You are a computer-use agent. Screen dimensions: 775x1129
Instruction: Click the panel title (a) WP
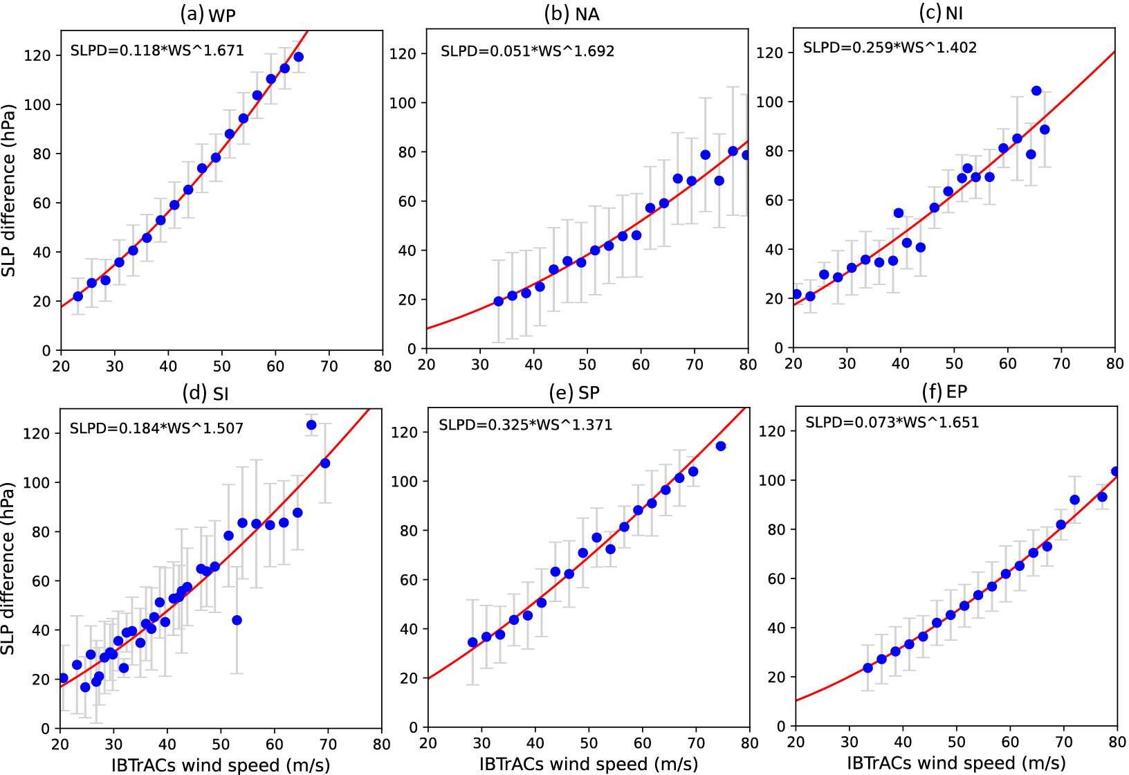coord(208,14)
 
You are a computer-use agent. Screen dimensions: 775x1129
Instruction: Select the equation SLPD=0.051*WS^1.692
coord(527,51)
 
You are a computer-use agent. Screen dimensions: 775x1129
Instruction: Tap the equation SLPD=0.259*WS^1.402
coord(890,48)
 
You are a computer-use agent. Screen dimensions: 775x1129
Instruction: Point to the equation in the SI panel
coord(156,428)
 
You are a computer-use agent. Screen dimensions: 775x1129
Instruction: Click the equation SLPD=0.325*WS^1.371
coord(525,425)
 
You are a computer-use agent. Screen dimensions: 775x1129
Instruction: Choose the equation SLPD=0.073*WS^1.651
coord(892,423)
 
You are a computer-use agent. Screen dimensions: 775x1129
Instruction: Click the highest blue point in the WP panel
coord(298,57)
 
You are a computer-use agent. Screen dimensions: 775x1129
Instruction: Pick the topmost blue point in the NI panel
coord(1036,91)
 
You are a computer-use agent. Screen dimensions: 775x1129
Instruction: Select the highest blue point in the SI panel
coord(311,425)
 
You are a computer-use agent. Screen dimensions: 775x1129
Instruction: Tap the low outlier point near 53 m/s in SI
coord(237,620)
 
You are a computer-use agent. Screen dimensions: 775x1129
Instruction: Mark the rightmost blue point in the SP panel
coord(721,446)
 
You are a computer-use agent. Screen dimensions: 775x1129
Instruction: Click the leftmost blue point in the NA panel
coord(499,302)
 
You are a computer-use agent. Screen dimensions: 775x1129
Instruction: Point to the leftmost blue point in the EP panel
coord(868,668)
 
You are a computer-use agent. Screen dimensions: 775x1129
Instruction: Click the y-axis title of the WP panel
coord(8,190)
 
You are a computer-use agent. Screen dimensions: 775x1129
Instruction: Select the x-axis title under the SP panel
coord(588,764)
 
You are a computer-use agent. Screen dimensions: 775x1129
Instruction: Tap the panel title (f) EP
coord(944,392)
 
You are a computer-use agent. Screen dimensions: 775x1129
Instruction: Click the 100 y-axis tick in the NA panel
coord(403,103)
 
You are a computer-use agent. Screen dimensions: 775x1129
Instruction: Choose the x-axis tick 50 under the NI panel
coord(954,364)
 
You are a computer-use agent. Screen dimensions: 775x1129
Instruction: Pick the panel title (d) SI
coord(205,394)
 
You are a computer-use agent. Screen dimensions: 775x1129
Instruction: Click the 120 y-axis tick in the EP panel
coord(772,431)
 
